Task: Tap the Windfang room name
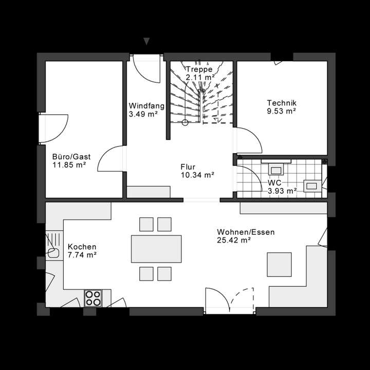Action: click(x=146, y=106)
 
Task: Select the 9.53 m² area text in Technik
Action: click(x=281, y=110)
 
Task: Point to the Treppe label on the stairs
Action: click(x=199, y=69)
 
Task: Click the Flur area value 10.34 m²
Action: click(x=197, y=175)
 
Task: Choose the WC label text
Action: click(x=274, y=182)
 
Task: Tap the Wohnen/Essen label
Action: click(x=246, y=232)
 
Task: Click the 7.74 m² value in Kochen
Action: click(x=82, y=254)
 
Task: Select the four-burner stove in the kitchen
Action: click(x=93, y=298)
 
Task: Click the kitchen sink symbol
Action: click(x=53, y=247)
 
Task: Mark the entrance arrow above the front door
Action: click(x=147, y=41)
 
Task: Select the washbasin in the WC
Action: click(x=276, y=168)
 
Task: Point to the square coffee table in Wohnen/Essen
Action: click(x=279, y=265)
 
